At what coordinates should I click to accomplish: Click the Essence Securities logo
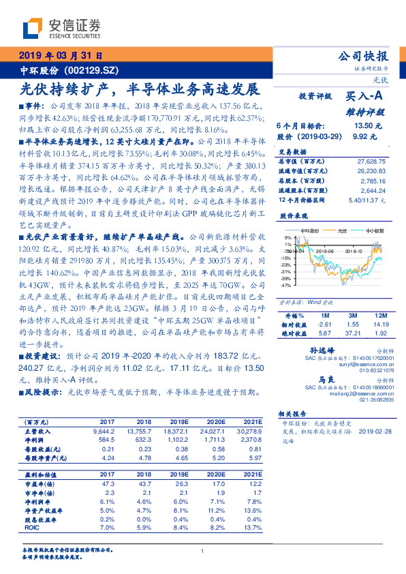[61, 27]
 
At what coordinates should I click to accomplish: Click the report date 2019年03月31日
[59, 57]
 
